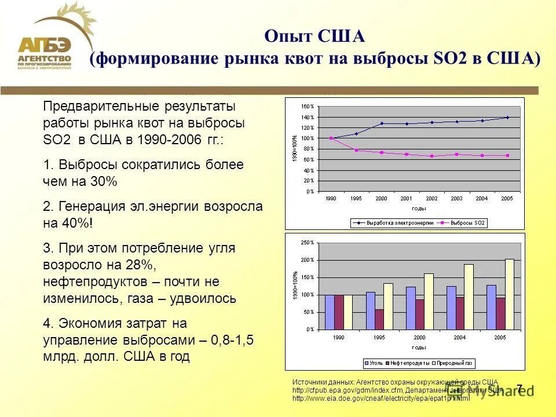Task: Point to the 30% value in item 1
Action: tap(104, 181)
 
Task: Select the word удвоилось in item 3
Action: tap(203, 298)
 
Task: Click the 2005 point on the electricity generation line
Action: tap(507, 118)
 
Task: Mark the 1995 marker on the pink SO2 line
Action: tap(356, 150)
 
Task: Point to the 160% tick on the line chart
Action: tap(308, 107)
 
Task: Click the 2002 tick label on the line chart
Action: tap(431, 198)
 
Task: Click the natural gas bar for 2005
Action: tap(509, 294)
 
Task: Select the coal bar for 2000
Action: tap(411, 308)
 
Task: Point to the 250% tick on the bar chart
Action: tap(308, 243)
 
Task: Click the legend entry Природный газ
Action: tap(455, 363)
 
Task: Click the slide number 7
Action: tap(520, 389)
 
